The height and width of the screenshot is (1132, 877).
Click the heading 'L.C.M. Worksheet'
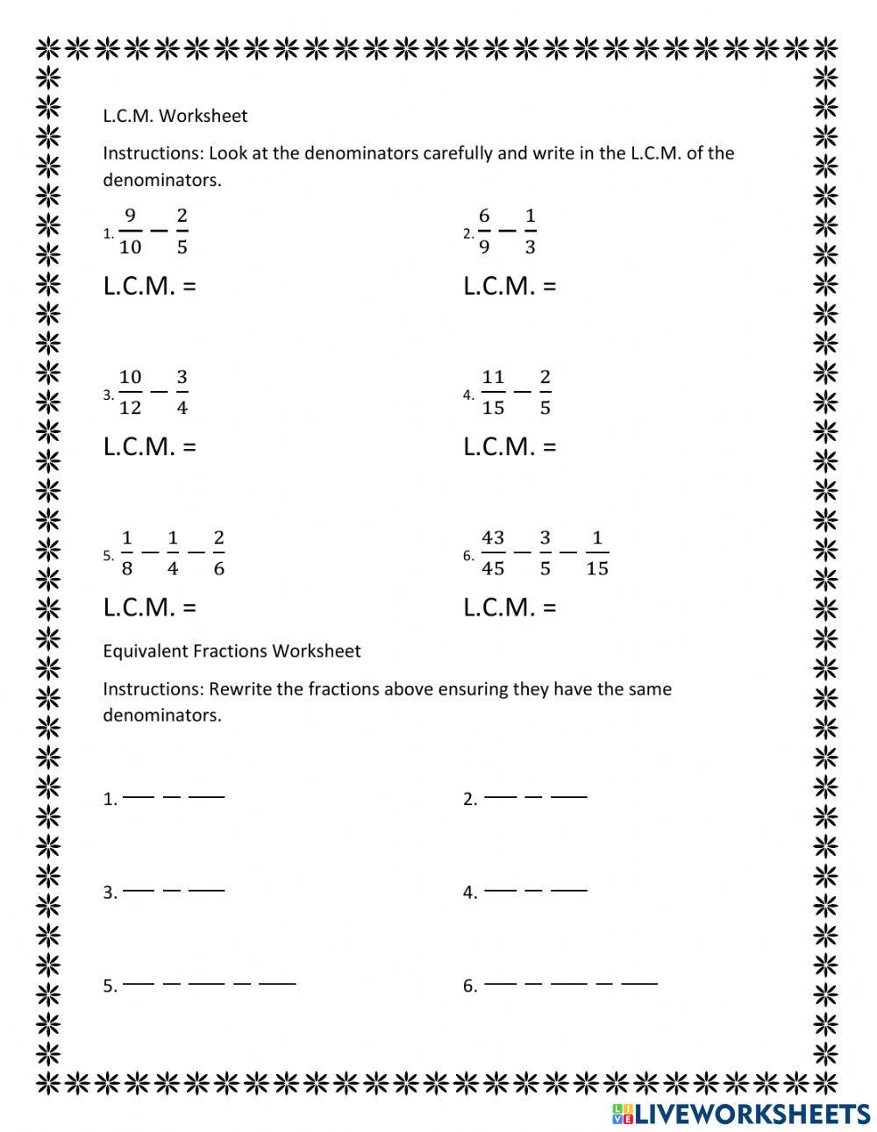(x=175, y=116)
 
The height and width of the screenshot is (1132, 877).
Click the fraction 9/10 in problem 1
(x=130, y=231)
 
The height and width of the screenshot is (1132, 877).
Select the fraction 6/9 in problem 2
(x=484, y=231)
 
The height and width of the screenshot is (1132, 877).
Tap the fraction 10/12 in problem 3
(x=130, y=392)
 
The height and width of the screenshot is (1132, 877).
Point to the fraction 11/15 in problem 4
(x=493, y=392)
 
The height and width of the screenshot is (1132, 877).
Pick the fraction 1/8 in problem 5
(x=126, y=552)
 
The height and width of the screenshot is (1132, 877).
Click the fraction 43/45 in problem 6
(x=493, y=552)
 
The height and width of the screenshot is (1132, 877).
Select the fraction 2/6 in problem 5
(x=218, y=552)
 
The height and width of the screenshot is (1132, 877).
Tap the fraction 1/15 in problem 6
(x=596, y=552)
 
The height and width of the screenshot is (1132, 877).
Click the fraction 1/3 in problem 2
(x=530, y=231)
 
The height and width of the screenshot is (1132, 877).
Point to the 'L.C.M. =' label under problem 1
(x=149, y=287)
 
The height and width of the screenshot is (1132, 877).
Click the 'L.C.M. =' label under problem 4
(x=510, y=447)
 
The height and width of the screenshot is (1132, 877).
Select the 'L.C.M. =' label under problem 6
(x=510, y=608)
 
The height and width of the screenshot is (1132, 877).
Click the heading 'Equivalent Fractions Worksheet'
(x=232, y=651)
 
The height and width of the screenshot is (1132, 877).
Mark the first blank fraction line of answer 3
(x=139, y=890)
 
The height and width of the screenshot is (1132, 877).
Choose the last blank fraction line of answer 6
(x=638, y=983)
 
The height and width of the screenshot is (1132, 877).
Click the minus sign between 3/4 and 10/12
(x=158, y=393)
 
